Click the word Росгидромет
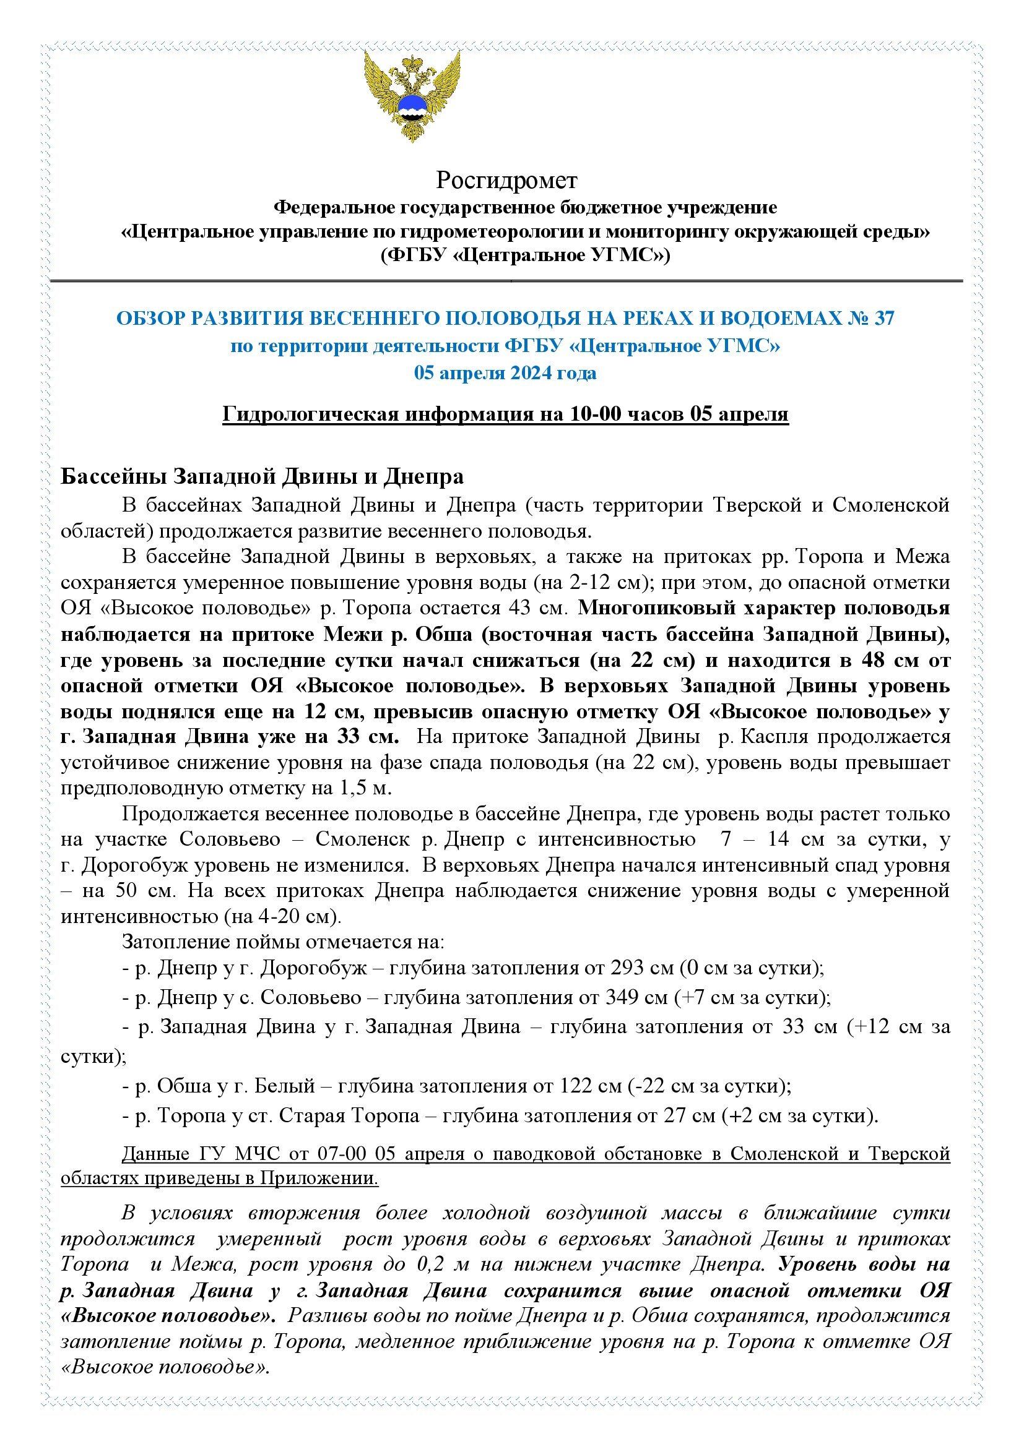506,181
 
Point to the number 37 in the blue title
883,319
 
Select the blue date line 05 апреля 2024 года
505,373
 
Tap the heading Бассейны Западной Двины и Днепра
262,476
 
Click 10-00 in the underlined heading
596,414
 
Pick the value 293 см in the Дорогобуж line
642,968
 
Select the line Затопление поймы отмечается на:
284,942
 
